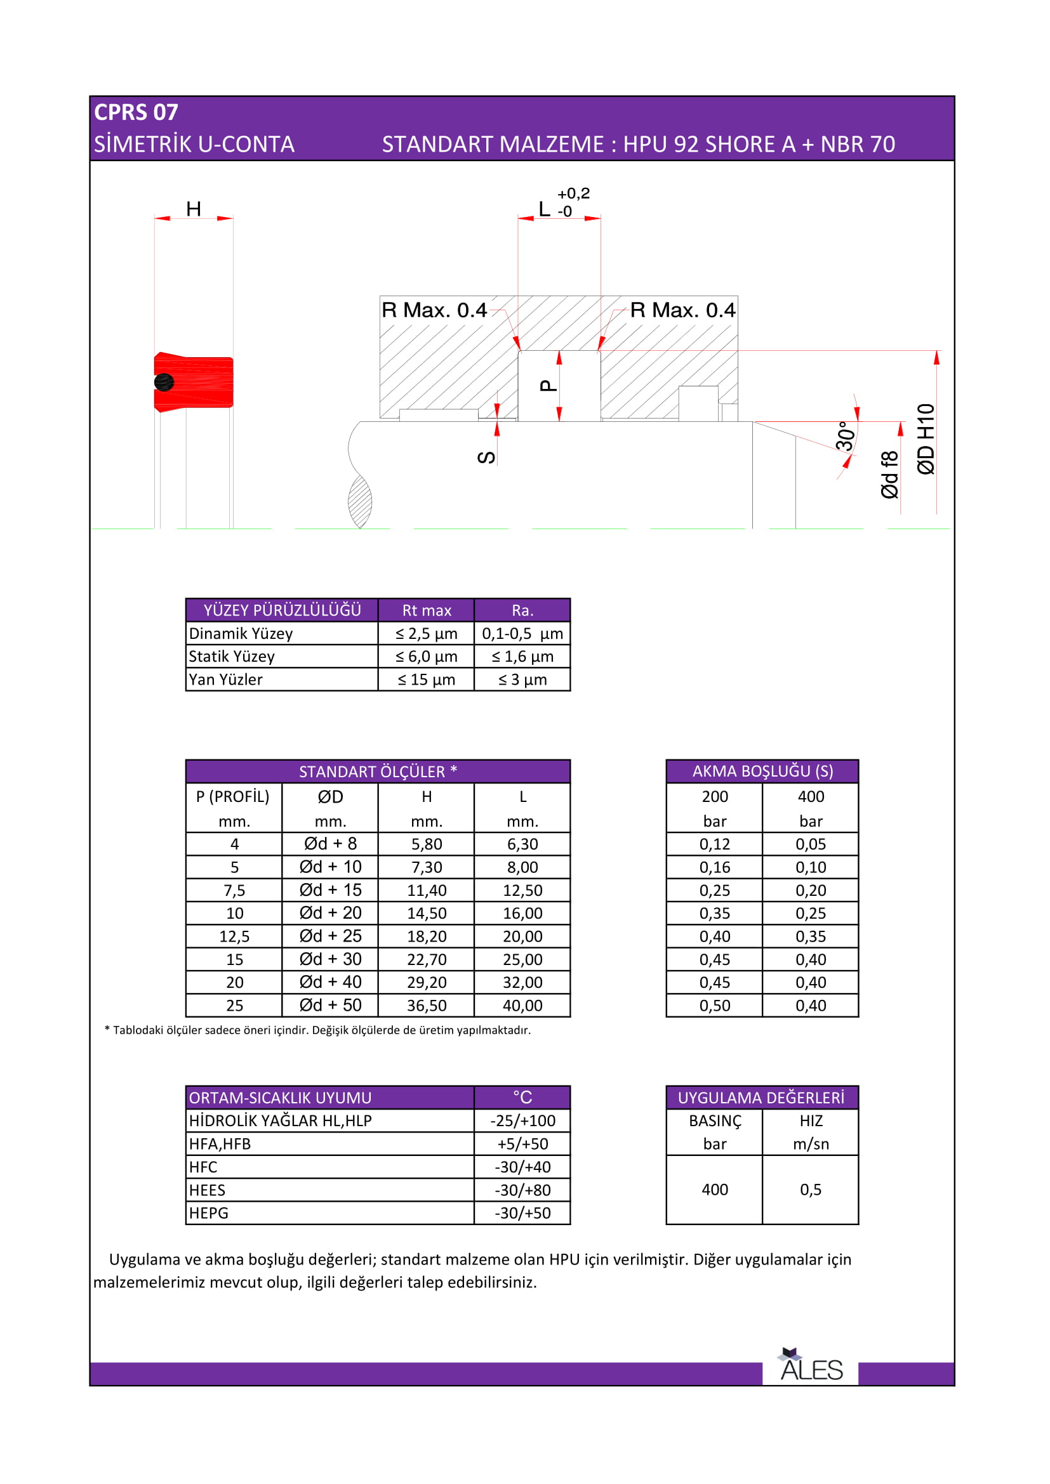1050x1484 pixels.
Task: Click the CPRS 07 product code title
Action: [136, 112]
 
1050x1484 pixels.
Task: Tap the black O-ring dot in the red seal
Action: [164, 382]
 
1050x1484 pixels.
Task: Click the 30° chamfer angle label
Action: [845, 437]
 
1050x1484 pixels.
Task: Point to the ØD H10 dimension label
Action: [926, 439]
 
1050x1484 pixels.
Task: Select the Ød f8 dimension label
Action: [889, 475]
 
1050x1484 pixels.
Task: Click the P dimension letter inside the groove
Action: [548, 386]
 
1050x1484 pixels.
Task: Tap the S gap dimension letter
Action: [486, 457]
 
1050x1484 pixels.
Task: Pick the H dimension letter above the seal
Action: [194, 209]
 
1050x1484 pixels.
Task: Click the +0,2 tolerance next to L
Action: [573, 194]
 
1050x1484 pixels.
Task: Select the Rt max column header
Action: [426, 610]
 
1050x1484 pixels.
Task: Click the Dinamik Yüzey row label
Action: [241, 633]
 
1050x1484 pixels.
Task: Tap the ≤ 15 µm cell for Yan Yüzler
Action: [426, 680]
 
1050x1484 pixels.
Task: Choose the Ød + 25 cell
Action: [330, 936]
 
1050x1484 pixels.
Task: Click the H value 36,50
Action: [426, 1005]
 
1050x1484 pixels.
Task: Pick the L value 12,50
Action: [522, 890]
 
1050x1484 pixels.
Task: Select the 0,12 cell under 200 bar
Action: [714, 844]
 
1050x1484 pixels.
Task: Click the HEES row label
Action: [207, 1190]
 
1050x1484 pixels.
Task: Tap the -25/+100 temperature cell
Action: [522, 1120]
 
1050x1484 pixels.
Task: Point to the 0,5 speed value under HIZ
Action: [810, 1189]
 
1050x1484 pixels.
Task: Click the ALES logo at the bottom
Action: [811, 1367]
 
